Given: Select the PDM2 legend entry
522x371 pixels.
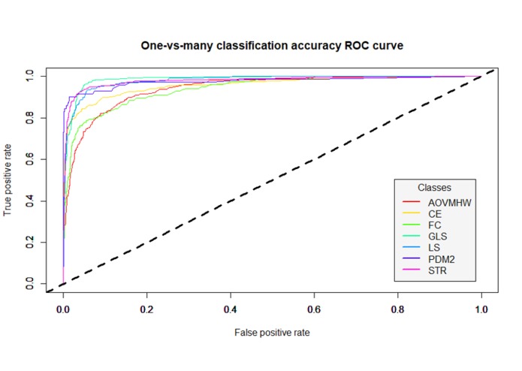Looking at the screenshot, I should coord(441,259).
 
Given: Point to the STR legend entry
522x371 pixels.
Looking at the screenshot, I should coord(437,270).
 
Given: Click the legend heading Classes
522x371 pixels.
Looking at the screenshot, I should coord(434,187).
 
